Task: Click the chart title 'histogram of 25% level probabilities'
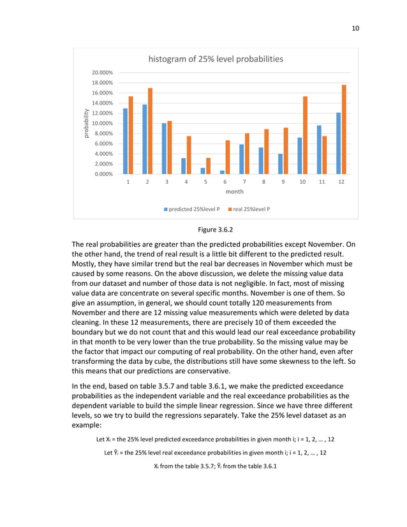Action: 216,59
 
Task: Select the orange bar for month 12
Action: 344,130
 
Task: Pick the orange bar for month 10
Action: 306,135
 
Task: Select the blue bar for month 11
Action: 319,149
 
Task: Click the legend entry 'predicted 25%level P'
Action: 192,209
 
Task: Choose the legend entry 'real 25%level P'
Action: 248,209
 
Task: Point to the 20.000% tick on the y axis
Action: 103,73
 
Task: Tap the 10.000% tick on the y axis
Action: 103,123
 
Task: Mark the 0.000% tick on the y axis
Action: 103,174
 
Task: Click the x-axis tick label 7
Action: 244,182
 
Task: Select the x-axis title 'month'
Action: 234,191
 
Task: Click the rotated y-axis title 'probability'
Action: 84,123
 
